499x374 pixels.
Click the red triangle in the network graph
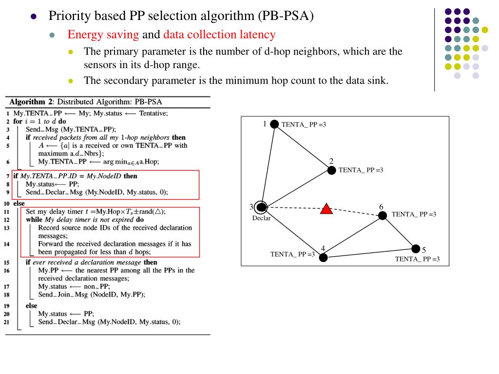(x=326, y=209)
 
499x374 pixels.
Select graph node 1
(x=274, y=124)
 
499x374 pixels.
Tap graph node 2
(x=331, y=170)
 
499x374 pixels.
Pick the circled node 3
(x=262, y=207)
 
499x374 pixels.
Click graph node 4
(x=324, y=257)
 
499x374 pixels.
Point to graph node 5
(x=416, y=249)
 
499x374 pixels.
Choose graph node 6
(x=383, y=215)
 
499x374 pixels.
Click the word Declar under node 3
(x=261, y=218)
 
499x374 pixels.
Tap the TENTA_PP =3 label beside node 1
(x=304, y=125)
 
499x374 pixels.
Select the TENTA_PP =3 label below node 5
(x=417, y=259)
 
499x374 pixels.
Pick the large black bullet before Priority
(x=34, y=16)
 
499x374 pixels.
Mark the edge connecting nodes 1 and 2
(x=303, y=147)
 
